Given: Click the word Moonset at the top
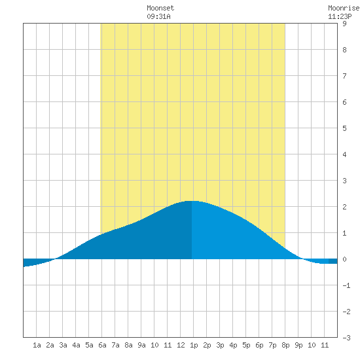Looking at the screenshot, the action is point(160,8).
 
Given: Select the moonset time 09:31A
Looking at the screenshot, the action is point(158,16).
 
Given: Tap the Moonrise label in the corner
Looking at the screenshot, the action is point(344,8).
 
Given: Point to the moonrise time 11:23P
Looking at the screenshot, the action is point(340,16).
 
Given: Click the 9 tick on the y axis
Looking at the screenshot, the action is point(344,24).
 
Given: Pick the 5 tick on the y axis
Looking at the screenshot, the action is point(344,128).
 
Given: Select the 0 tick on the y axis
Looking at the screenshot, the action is point(344,259).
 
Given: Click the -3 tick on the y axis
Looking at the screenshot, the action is point(346,338).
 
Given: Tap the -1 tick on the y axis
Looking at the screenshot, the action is point(346,285).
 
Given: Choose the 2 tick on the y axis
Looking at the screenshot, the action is point(344,207).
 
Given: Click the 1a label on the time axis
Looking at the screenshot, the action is point(37,345).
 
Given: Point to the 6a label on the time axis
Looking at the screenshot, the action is point(102,345).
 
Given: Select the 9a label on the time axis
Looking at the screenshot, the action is point(141,345).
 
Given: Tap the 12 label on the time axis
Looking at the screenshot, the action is point(181,345).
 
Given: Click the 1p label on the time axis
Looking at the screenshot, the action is point(194,345).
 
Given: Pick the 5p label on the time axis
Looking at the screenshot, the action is point(246,345).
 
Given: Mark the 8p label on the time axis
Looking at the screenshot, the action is point(285,345).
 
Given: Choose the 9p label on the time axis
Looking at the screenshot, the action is point(298,345).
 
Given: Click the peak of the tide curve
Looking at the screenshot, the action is point(192,201).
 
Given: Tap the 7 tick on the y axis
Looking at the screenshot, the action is point(344,76).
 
